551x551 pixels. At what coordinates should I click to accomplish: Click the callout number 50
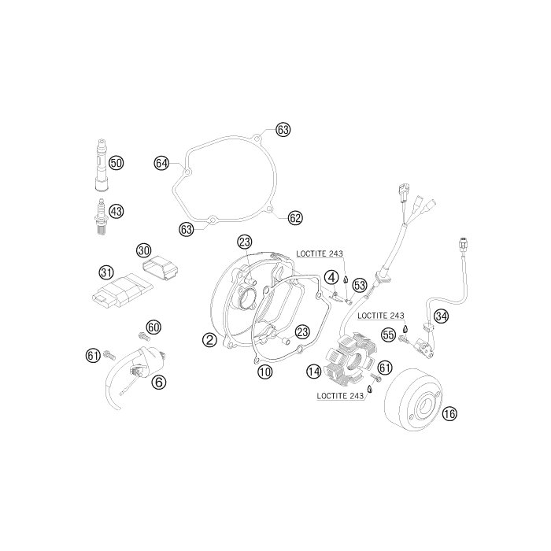click(x=116, y=163)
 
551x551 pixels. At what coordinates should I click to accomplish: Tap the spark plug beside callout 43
click(x=102, y=216)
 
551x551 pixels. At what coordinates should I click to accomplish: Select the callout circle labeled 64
click(x=161, y=164)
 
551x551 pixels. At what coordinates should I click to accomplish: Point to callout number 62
click(x=295, y=218)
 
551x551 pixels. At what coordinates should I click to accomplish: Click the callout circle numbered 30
click(x=143, y=251)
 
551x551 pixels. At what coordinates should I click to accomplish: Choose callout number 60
click(x=153, y=327)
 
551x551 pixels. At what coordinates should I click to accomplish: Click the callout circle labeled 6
click(x=159, y=382)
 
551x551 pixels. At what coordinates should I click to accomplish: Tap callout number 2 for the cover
click(x=209, y=340)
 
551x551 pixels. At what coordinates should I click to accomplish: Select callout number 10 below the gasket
click(x=265, y=372)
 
